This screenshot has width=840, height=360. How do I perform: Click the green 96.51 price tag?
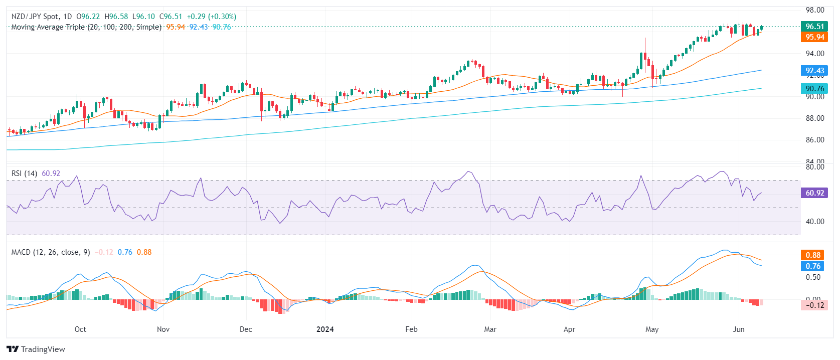[x=814, y=27]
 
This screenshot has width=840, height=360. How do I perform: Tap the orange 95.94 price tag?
[x=814, y=37]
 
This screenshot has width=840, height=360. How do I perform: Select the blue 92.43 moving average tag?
[x=814, y=71]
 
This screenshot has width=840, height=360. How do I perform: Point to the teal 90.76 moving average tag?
[x=814, y=89]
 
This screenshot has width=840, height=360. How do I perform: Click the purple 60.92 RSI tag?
[x=814, y=193]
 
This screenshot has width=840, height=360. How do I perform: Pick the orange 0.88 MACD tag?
[x=813, y=255]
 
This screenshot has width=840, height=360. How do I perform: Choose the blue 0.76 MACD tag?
[x=813, y=266]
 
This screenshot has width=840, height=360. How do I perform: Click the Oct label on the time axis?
[x=80, y=329]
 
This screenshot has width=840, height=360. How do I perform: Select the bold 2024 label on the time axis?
[x=325, y=329]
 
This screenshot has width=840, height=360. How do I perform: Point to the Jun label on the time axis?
[x=738, y=329]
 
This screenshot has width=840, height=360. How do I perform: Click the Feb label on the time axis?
[x=411, y=329]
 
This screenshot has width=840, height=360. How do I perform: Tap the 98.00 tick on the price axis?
[x=815, y=10]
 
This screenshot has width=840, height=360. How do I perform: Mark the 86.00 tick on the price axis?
[x=815, y=140]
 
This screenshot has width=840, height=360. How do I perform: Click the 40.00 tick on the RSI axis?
[x=815, y=222]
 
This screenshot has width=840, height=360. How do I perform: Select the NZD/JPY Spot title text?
[x=35, y=17]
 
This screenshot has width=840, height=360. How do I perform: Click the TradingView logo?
[x=36, y=349]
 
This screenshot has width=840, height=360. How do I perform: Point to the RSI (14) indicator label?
[x=24, y=173]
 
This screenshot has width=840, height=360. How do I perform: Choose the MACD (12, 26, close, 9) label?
[x=51, y=252]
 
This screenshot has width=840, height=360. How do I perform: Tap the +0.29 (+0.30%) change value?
[x=211, y=17]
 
